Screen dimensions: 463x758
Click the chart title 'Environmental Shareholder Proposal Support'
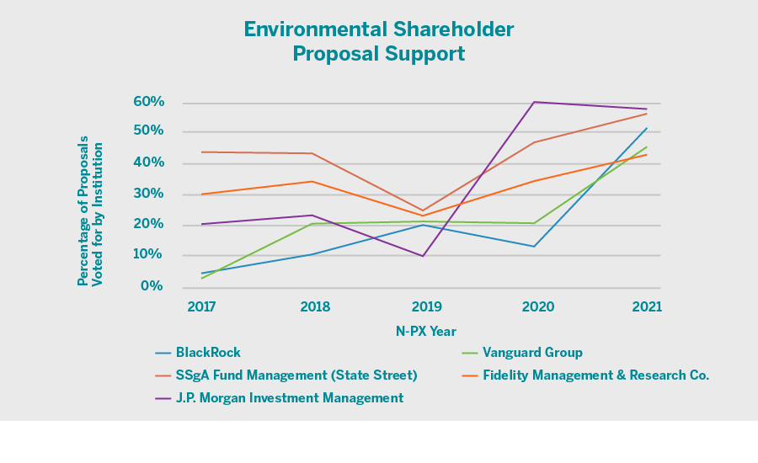[378, 41]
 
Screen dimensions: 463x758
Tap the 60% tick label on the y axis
[148, 102]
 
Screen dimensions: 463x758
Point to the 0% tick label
[152, 286]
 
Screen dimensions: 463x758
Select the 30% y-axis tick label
[148, 194]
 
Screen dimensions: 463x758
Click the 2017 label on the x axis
[200, 307]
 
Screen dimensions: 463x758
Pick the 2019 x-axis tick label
[426, 307]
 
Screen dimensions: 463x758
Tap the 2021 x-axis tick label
[646, 307]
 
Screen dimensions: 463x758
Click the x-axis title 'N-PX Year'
[426, 331]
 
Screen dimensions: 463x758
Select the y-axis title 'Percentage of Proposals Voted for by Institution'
[90, 214]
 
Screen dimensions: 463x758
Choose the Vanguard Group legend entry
[532, 353]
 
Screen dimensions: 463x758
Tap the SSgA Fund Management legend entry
[296, 375]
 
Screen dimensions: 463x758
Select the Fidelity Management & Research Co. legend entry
[595, 375]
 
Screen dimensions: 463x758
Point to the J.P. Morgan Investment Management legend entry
[289, 398]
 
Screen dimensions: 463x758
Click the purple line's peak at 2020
[535, 102]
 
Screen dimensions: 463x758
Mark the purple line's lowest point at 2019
[423, 256]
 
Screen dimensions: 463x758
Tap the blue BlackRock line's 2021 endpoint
[647, 128]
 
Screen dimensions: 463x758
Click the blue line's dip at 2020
[535, 247]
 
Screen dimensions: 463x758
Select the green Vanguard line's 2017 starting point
[201, 278]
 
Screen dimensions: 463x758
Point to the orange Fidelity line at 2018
[313, 181]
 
